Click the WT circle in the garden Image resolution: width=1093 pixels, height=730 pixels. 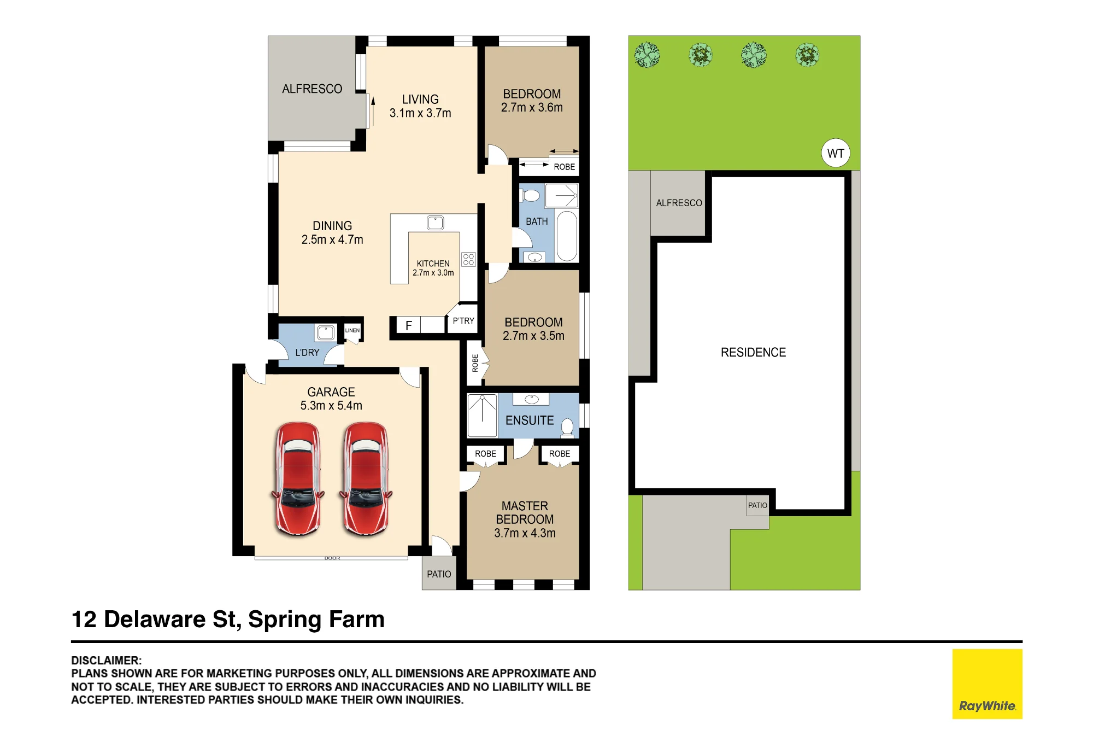tap(836, 153)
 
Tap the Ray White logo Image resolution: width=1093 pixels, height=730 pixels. tap(987, 684)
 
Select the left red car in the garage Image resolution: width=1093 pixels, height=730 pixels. tap(298, 478)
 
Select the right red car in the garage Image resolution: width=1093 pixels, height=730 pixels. tap(366, 478)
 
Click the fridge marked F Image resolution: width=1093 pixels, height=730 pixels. tap(408, 325)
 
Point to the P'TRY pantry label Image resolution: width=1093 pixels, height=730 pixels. tap(463, 321)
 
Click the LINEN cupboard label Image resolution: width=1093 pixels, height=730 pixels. tap(352, 330)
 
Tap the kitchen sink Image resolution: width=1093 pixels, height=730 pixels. tap(436, 223)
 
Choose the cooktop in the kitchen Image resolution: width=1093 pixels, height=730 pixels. tap(468, 259)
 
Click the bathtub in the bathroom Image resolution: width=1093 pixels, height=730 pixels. tap(567, 236)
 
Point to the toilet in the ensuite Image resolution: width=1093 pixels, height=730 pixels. tap(568, 428)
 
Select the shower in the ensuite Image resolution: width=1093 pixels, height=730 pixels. tap(483, 416)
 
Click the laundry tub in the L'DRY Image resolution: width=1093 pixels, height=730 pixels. tap(326, 332)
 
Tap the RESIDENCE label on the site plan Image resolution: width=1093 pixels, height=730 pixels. tap(753, 353)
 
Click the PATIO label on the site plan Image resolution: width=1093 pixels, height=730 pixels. tap(757, 505)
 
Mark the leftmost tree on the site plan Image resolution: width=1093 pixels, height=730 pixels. tap(647, 55)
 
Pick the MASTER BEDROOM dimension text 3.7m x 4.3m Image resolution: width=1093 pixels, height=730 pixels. tap(525, 533)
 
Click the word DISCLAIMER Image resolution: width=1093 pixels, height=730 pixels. tap(106, 661)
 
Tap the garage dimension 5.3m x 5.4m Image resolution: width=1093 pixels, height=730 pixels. tap(331, 406)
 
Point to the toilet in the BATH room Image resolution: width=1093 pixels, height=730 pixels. tap(530, 195)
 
